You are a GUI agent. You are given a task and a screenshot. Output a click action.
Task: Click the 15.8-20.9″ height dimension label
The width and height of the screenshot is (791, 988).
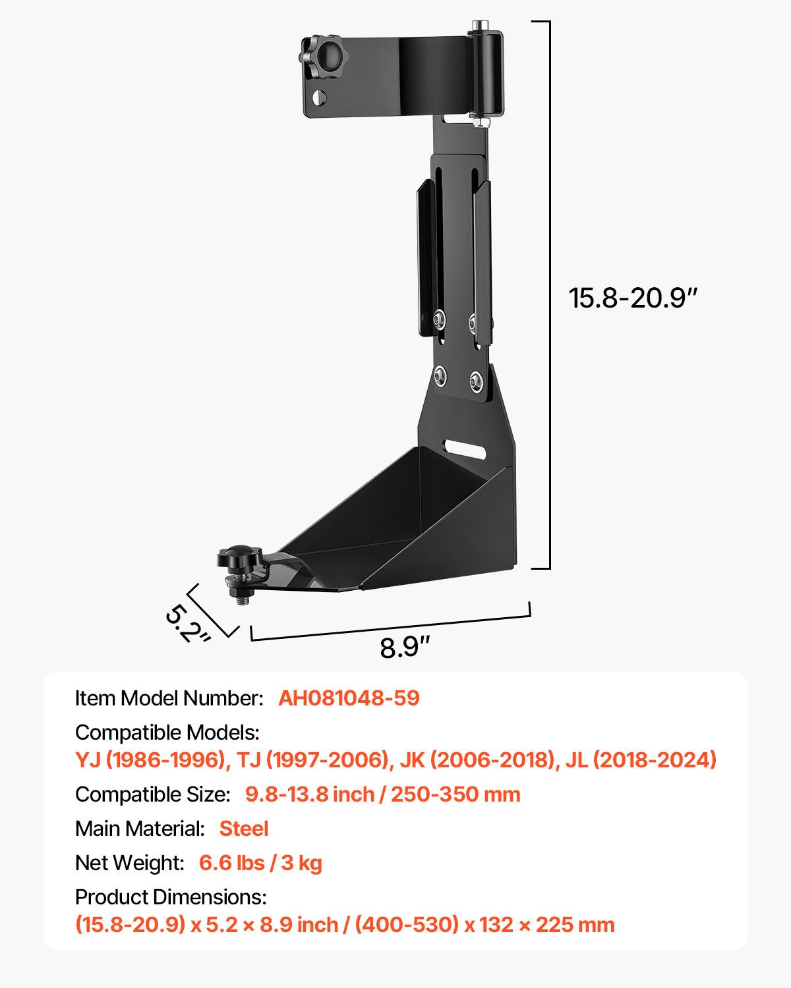point(632,298)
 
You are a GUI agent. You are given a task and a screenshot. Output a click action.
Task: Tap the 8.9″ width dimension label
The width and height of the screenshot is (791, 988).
point(405,647)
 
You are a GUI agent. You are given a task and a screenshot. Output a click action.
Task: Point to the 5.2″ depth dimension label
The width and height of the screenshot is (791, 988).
point(187,623)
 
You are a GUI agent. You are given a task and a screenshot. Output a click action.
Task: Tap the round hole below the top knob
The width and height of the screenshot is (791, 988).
point(319,98)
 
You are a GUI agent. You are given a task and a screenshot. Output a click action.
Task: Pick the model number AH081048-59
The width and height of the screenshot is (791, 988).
point(349,698)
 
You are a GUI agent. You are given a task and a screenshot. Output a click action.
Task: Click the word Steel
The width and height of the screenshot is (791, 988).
point(244,829)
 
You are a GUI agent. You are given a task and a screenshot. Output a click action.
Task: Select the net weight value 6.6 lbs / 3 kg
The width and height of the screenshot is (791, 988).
point(260,863)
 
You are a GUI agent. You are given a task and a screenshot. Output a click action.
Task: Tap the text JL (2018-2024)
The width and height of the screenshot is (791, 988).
point(641,760)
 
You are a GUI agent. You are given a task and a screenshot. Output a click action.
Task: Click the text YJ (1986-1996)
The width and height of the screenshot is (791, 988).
point(151,760)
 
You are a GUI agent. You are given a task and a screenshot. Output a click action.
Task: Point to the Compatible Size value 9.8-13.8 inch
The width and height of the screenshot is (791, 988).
point(310,794)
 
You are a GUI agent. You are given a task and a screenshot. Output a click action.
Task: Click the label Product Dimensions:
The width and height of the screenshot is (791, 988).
point(171,897)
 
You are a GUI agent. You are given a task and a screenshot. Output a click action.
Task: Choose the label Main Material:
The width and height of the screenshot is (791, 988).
point(140,829)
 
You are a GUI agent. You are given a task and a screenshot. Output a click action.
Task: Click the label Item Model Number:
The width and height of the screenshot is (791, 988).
point(169,698)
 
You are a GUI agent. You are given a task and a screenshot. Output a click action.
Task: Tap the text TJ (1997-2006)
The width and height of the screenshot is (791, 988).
point(312,760)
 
